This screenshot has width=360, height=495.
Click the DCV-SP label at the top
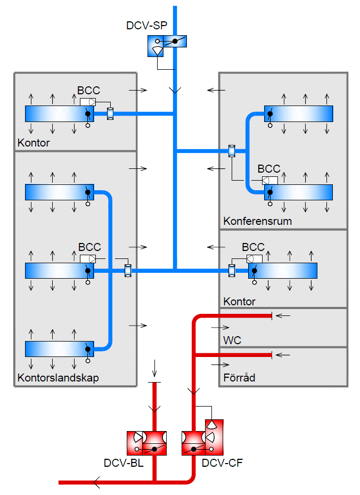click(146, 25)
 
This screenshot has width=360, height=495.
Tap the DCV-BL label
click(124, 463)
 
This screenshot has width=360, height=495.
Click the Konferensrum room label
click(258, 221)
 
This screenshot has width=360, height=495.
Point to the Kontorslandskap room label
click(58, 378)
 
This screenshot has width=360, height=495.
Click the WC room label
click(232, 340)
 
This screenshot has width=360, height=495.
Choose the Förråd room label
click(239, 378)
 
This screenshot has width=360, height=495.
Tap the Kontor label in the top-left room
click(34, 143)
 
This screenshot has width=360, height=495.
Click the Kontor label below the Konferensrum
click(240, 302)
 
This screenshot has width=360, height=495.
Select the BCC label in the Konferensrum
click(269, 169)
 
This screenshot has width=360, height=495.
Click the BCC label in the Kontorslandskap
click(89, 247)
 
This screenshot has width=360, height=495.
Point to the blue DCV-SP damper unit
click(167, 46)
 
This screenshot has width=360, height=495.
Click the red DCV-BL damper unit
click(147, 443)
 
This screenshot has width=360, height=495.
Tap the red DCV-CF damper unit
click(202, 440)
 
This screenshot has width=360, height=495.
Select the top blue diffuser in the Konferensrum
click(298, 113)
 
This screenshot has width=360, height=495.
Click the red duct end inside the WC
click(272, 316)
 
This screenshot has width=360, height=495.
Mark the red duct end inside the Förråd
click(272, 354)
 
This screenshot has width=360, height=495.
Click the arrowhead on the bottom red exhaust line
click(96, 483)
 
